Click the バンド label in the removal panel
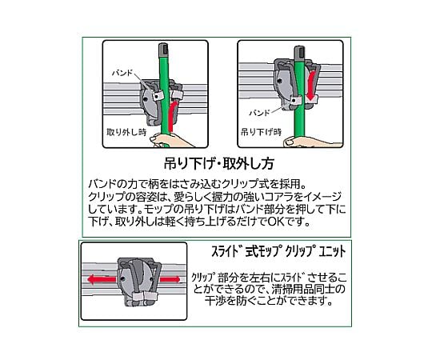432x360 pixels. coord(122,73)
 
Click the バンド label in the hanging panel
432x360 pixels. coord(259,113)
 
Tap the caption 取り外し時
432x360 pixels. coord(126,132)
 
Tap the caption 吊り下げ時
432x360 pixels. coord(261,132)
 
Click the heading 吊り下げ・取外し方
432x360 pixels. coord(219,162)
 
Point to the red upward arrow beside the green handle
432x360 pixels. coord(172,116)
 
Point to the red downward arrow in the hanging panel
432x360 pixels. coord(311,86)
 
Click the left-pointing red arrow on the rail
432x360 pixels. coord(102,280)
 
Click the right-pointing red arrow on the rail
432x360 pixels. coord(170,280)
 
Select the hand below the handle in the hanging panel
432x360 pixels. coord(310,141)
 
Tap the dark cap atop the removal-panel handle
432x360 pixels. coord(164,49)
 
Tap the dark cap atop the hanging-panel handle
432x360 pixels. coord(299,52)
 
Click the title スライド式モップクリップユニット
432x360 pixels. coord(278,251)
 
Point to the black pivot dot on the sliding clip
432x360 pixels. coord(122,279)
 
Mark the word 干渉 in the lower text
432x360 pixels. coord(217,301)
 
